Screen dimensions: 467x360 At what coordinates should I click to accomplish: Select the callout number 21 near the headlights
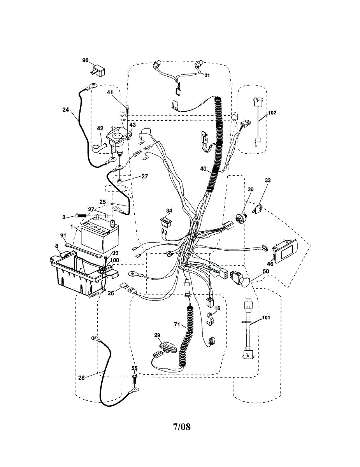pos(207,75)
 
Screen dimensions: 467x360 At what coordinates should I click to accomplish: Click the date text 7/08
pos(182,427)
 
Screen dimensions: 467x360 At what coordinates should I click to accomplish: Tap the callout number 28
pos(81,378)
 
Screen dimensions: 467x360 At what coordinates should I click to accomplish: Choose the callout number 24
pos(65,110)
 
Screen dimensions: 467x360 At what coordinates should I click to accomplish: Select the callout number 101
pos(265,317)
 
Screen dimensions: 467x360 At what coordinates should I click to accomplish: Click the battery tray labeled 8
pos(78,272)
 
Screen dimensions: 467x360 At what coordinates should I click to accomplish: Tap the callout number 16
pos(217,308)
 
